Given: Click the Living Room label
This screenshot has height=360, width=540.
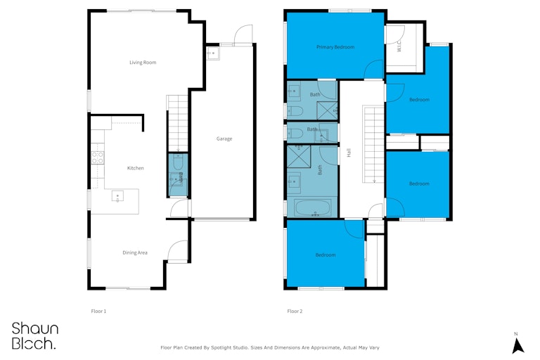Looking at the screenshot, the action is (143, 63).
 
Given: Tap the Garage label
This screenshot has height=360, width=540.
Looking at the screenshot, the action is (224, 139).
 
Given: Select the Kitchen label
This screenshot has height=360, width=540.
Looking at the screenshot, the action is (135, 168).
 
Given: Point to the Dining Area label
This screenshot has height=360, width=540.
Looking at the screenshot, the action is (135, 252).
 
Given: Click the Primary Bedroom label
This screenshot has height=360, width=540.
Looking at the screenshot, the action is (335, 47).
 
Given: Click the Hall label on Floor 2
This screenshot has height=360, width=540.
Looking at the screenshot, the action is (349, 153).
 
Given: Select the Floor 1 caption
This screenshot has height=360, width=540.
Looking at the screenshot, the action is (98, 311).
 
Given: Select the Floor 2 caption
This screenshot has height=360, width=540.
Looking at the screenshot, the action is (295, 311).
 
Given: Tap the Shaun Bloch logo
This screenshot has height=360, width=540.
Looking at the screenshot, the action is (34, 336).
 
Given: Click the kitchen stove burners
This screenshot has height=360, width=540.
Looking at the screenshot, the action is (98, 157).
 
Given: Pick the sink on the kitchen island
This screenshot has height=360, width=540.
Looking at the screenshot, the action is (117, 195).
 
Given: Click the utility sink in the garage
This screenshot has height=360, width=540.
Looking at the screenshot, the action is (213, 53).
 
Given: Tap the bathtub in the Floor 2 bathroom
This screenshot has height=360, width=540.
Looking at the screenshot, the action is (313, 207).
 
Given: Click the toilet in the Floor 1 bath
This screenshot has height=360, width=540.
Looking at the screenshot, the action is (178, 162).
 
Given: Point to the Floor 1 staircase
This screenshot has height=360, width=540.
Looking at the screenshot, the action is (178, 123).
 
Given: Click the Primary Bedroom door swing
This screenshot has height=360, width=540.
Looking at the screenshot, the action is (373, 69).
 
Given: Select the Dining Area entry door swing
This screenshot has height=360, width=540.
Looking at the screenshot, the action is (178, 251).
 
